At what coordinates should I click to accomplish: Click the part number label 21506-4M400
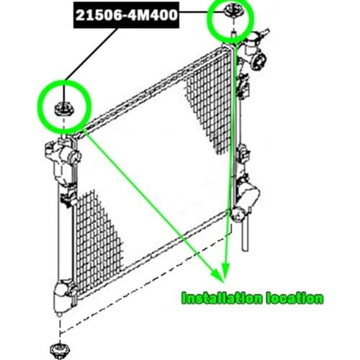127,15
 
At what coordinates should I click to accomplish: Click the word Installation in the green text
221,298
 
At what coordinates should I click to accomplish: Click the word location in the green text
294,298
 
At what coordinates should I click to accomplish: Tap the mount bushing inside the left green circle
64,109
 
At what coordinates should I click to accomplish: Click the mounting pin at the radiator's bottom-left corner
59,315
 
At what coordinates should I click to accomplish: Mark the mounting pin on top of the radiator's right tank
233,34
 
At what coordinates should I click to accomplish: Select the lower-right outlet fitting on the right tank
238,215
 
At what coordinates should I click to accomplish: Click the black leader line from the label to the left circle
91,55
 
